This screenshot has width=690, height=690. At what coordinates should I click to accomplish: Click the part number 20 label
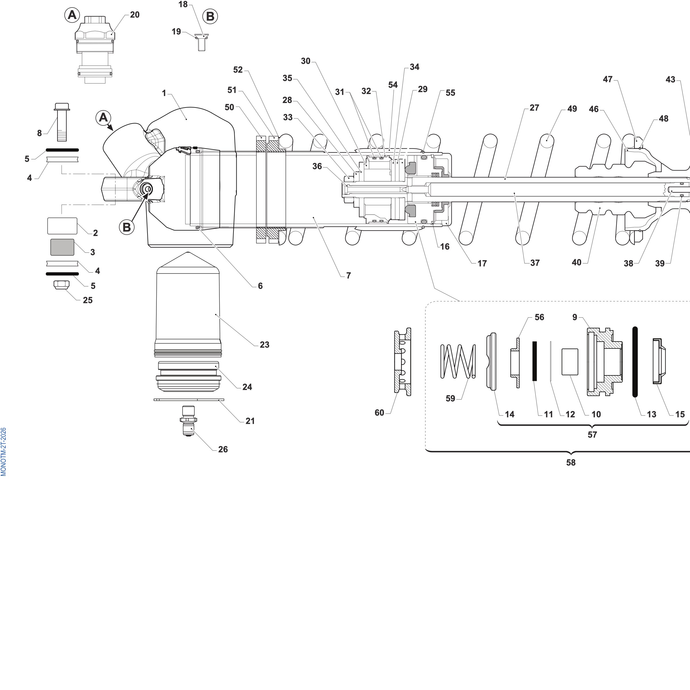(x=135, y=15)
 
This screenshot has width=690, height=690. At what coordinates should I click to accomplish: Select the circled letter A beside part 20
(x=72, y=15)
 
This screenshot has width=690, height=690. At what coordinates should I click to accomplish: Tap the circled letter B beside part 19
(x=210, y=16)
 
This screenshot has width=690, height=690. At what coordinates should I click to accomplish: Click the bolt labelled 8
(x=62, y=122)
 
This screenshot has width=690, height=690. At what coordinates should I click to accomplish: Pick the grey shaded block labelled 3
(x=62, y=247)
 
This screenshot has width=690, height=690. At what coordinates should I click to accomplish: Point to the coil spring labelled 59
(x=458, y=361)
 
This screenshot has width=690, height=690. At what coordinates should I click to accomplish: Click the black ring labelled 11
(x=535, y=361)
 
